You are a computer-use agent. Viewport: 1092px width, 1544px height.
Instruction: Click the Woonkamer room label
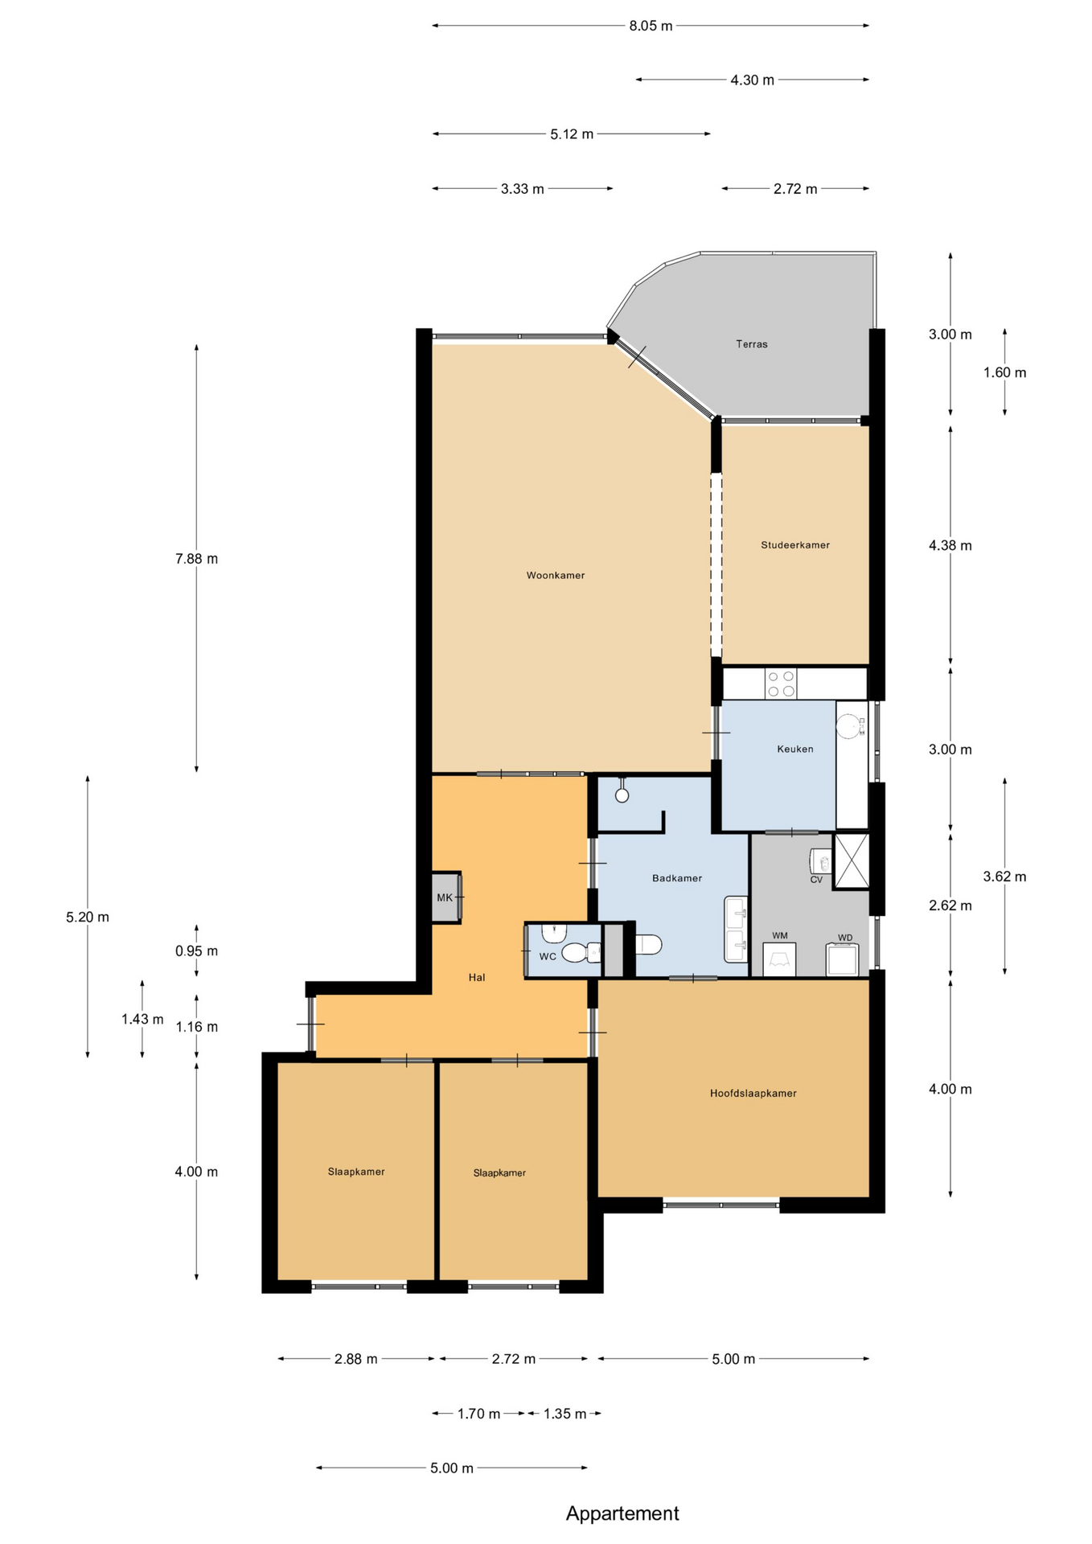pos(555,575)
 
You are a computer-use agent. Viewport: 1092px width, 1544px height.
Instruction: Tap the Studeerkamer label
pos(794,544)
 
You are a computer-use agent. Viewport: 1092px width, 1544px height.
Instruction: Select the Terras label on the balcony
pos(751,343)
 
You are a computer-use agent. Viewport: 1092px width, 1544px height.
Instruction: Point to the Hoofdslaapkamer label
pos(753,1093)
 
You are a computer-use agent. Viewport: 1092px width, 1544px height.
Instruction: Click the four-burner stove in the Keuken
pos(781,684)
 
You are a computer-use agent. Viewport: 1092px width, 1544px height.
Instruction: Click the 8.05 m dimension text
pos(651,26)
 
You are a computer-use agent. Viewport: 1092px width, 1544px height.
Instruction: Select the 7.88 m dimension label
pos(196,559)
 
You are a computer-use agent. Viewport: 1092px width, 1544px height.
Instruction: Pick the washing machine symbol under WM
pos(779,959)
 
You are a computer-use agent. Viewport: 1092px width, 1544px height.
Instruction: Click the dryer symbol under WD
pos(843,959)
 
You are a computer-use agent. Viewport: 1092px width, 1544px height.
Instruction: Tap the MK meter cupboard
pos(446,897)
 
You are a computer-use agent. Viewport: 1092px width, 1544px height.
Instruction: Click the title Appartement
pos(622,1513)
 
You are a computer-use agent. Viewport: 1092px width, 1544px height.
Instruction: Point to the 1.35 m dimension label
pos(564,1413)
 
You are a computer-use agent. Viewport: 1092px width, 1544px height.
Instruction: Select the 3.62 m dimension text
pos(1004,877)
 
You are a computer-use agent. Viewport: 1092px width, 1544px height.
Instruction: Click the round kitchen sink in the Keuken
pos(848,726)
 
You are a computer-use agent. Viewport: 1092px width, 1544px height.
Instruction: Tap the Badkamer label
pos(676,878)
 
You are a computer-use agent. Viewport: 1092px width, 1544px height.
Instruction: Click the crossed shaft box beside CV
pos(851,861)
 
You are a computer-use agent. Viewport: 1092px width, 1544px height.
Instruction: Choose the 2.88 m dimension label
pos(355,1359)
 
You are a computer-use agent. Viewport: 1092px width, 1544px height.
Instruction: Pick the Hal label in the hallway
pos(477,977)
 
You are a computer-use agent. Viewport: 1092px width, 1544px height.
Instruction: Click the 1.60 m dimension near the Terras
pos(1004,372)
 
